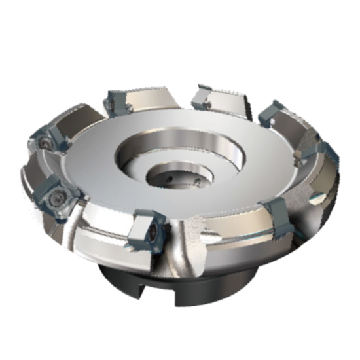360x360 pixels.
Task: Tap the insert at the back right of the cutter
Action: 272,114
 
